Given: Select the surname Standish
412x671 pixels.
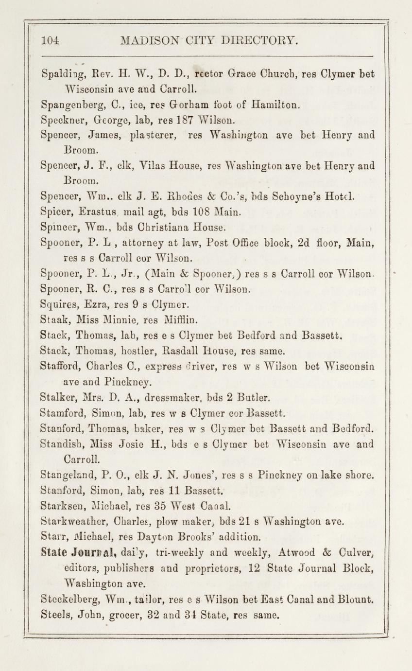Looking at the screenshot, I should [x=59, y=443].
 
